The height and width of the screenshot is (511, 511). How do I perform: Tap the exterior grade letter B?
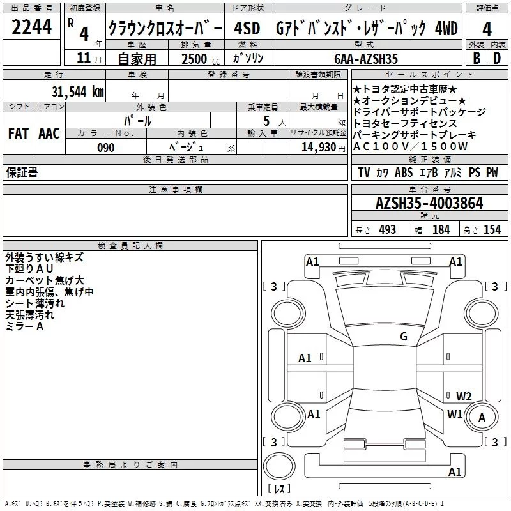[x=477, y=58]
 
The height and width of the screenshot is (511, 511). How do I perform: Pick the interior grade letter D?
[x=497, y=58]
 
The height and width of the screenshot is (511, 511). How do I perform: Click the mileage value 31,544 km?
[x=77, y=91]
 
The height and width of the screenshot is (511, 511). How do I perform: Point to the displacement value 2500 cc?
[x=195, y=59]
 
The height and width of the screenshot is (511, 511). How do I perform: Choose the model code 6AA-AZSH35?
[x=366, y=59]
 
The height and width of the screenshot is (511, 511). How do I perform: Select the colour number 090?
[x=105, y=148]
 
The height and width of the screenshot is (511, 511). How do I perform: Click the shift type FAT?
[x=18, y=133]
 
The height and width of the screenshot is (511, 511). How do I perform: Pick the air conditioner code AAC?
[x=49, y=133]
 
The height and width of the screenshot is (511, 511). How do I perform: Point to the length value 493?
[x=387, y=230]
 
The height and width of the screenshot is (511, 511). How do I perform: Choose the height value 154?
[x=492, y=230]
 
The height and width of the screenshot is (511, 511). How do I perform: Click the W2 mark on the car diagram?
[x=464, y=396]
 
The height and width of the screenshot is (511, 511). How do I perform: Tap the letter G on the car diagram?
[x=404, y=337]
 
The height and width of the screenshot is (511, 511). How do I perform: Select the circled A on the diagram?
[x=482, y=418]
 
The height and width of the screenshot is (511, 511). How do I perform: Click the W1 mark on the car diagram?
[x=455, y=414]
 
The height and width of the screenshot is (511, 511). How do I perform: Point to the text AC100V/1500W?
[x=410, y=146]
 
